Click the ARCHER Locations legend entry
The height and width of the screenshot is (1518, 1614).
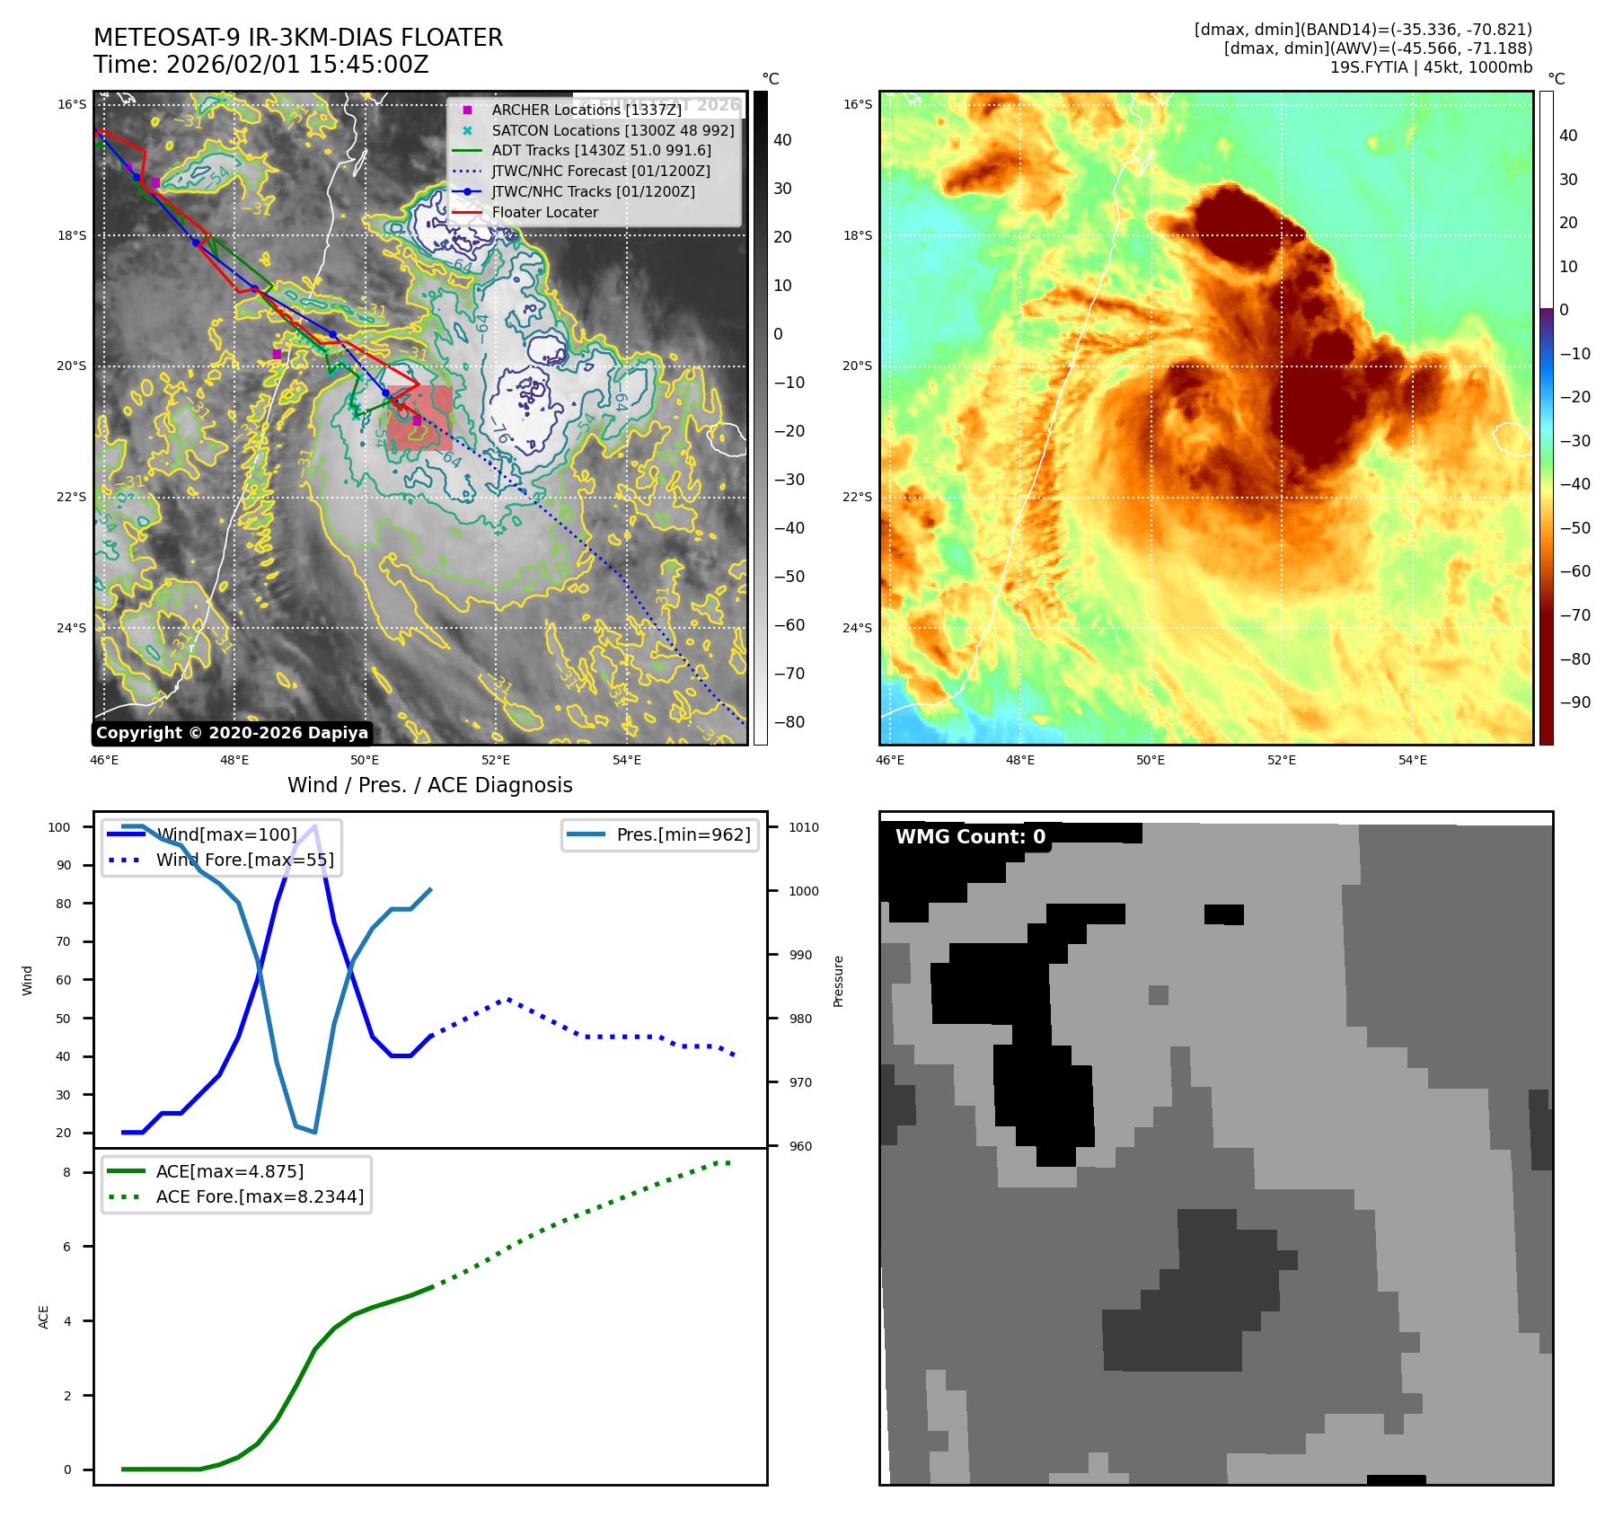tap(586, 110)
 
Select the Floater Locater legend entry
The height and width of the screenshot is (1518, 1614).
tap(544, 212)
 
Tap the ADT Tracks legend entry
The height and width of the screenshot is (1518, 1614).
tap(601, 150)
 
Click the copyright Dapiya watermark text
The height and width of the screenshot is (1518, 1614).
tap(232, 733)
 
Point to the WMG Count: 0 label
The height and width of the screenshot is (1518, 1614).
tap(970, 837)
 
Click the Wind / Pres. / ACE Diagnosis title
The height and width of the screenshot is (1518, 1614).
tap(429, 785)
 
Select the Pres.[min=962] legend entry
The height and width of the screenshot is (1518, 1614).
tap(683, 834)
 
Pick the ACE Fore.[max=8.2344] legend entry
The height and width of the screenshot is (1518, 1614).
tap(260, 1196)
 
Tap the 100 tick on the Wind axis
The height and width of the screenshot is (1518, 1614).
tap(59, 827)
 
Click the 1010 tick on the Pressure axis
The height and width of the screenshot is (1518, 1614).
tap(804, 827)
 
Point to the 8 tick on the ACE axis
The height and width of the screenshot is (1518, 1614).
tap(66, 1172)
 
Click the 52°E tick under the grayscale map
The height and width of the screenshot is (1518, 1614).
tap(496, 760)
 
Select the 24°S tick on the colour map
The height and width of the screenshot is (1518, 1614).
tap(857, 628)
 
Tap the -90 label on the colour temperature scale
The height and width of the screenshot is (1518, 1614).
tap(1574, 702)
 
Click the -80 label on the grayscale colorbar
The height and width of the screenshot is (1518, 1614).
tap(789, 722)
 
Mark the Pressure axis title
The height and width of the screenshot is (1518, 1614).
tap(839, 981)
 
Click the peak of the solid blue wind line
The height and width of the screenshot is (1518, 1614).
tap(314, 826)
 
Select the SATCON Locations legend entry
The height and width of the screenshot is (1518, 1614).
tap(613, 130)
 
